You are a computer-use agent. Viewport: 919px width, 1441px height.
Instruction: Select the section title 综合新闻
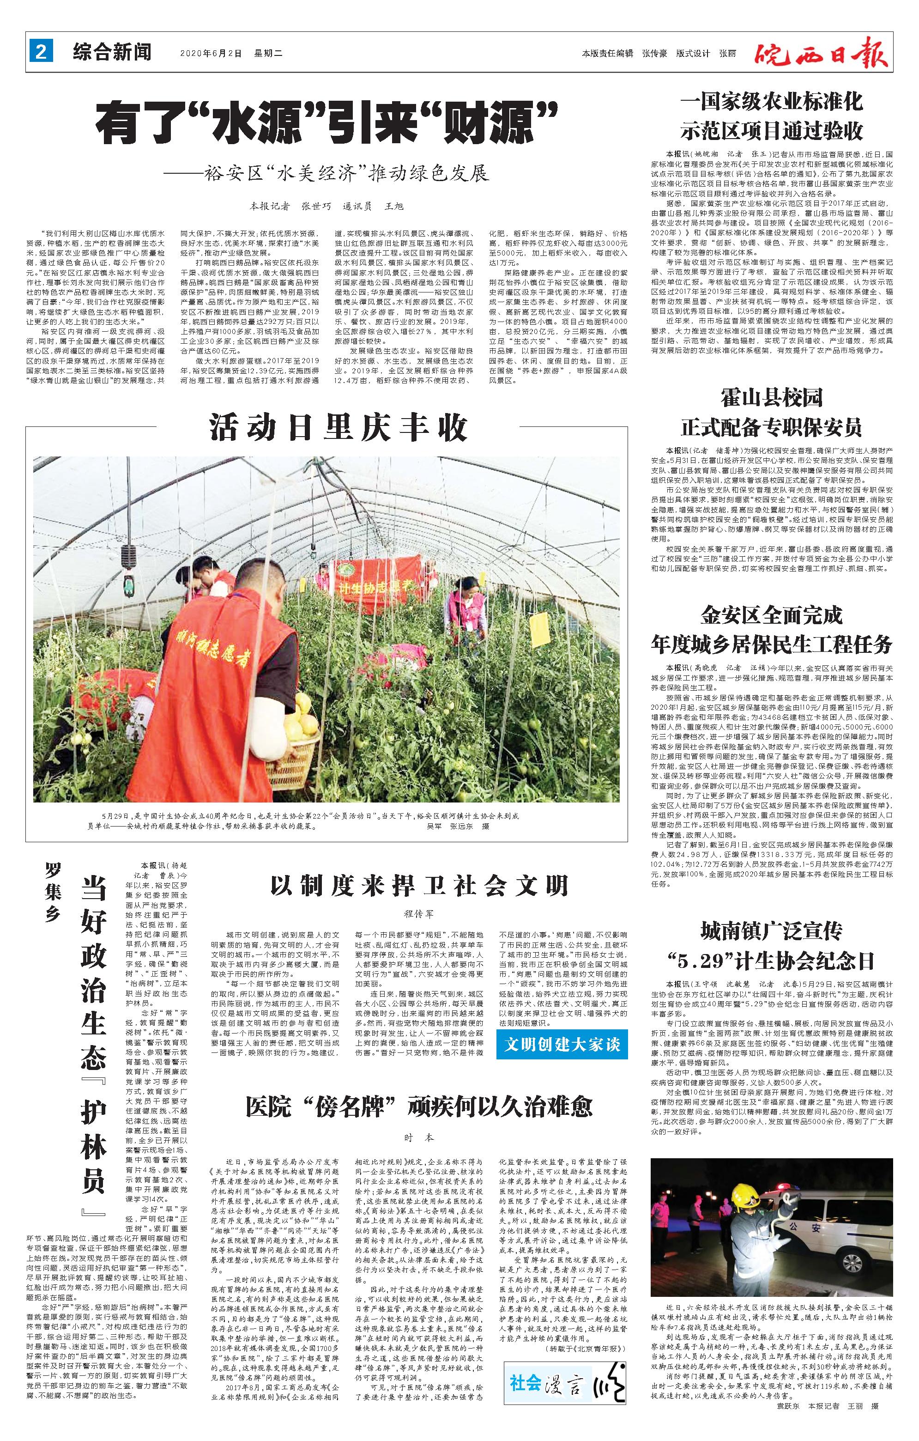click(x=112, y=53)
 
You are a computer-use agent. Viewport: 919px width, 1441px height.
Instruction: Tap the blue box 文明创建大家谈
click(x=562, y=1045)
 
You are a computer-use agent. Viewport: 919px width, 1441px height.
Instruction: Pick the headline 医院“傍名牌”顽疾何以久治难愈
click(x=419, y=1107)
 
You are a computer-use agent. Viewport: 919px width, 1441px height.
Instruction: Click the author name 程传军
click(x=418, y=914)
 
